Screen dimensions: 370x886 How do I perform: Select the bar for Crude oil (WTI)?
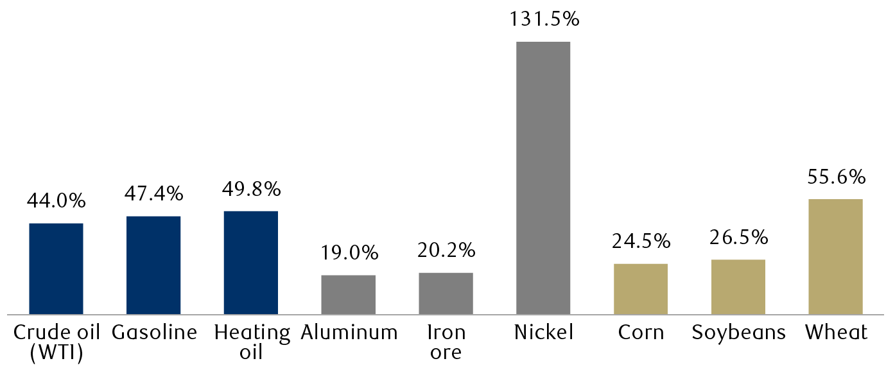(56, 269)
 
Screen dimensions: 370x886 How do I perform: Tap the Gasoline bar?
(153, 265)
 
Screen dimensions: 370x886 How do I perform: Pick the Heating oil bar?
(251, 263)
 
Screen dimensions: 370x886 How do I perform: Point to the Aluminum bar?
(348, 295)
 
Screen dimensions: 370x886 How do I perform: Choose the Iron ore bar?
(446, 294)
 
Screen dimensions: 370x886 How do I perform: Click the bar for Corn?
(641, 289)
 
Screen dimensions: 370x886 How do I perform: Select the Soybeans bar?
(738, 287)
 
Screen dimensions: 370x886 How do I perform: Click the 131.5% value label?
(544, 19)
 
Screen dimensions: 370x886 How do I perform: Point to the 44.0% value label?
(56, 201)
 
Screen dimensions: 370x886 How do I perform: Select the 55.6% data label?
(836, 177)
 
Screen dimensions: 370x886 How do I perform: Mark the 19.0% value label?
(349, 253)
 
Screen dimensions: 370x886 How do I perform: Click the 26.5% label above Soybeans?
(739, 237)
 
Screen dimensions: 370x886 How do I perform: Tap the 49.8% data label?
(251, 189)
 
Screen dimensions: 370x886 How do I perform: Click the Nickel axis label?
(543, 333)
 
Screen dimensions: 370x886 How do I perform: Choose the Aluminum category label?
(349, 333)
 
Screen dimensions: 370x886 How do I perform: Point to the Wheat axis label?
(836, 333)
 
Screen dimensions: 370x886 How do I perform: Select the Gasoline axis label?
(153, 333)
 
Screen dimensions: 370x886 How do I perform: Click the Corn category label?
(641, 333)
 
